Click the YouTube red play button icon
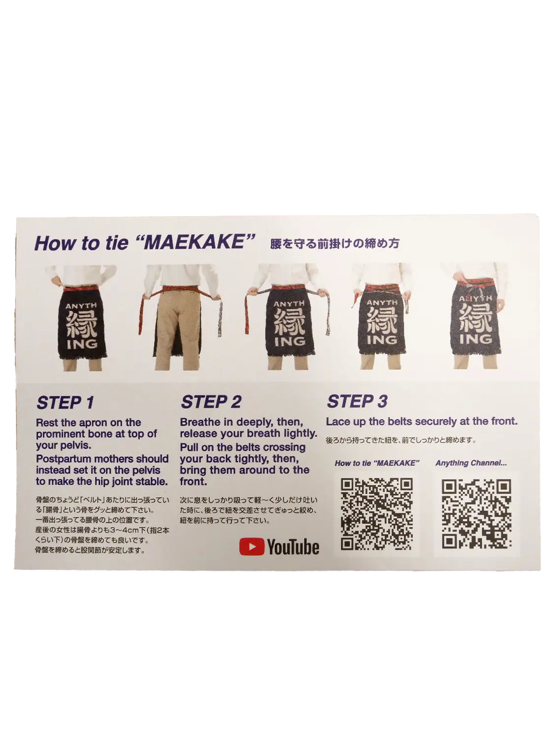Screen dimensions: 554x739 click(252, 547)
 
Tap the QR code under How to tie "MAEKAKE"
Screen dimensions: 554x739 click(376, 515)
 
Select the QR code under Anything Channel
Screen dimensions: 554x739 click(476, 514)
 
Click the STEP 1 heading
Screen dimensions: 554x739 click(65, 403)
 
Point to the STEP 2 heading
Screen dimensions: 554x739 click(211, 402)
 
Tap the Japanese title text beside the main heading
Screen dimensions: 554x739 click(335, 243)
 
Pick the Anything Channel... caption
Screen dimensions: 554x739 click(471, 463)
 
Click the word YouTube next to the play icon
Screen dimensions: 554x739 click(293, 547)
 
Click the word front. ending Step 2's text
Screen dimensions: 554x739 click(194, 481)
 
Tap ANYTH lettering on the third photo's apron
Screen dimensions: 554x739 click(289, 304)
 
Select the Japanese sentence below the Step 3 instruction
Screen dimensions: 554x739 click(401, 440)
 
